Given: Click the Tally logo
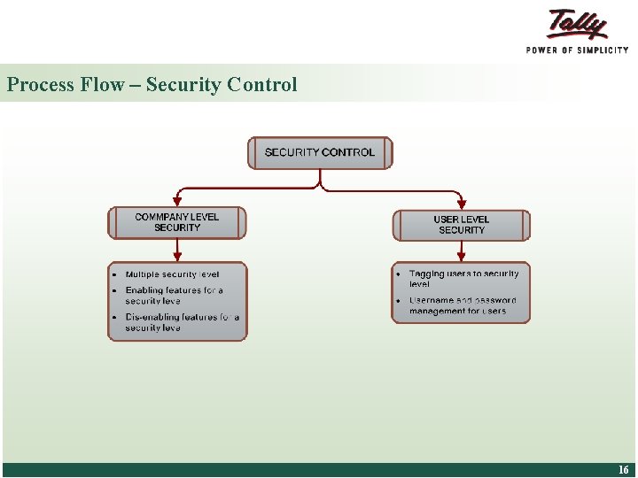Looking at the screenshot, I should [x=578, y=24].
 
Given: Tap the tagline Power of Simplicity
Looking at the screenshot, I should [x=577, y=50].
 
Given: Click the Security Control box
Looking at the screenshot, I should [x=319, y=152].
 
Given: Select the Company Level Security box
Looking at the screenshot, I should [x=177, y=222].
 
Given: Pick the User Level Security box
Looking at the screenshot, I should [x=461, y=225].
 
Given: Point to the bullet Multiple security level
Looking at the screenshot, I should [x=172, y=274].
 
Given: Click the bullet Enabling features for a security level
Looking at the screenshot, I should [x=174, y=296].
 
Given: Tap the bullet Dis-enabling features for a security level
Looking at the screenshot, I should [x=181, y=322].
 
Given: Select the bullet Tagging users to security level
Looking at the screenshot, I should [x=463, y=279].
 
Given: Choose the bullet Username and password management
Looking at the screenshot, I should [x=462, y=305].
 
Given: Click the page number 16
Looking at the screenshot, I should [x=624, y=470].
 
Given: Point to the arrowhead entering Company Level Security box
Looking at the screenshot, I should [x=177, y=202].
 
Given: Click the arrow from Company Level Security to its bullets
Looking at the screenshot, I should [x=177, y=249].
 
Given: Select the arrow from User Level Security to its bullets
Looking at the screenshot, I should [x=461, y=250].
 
